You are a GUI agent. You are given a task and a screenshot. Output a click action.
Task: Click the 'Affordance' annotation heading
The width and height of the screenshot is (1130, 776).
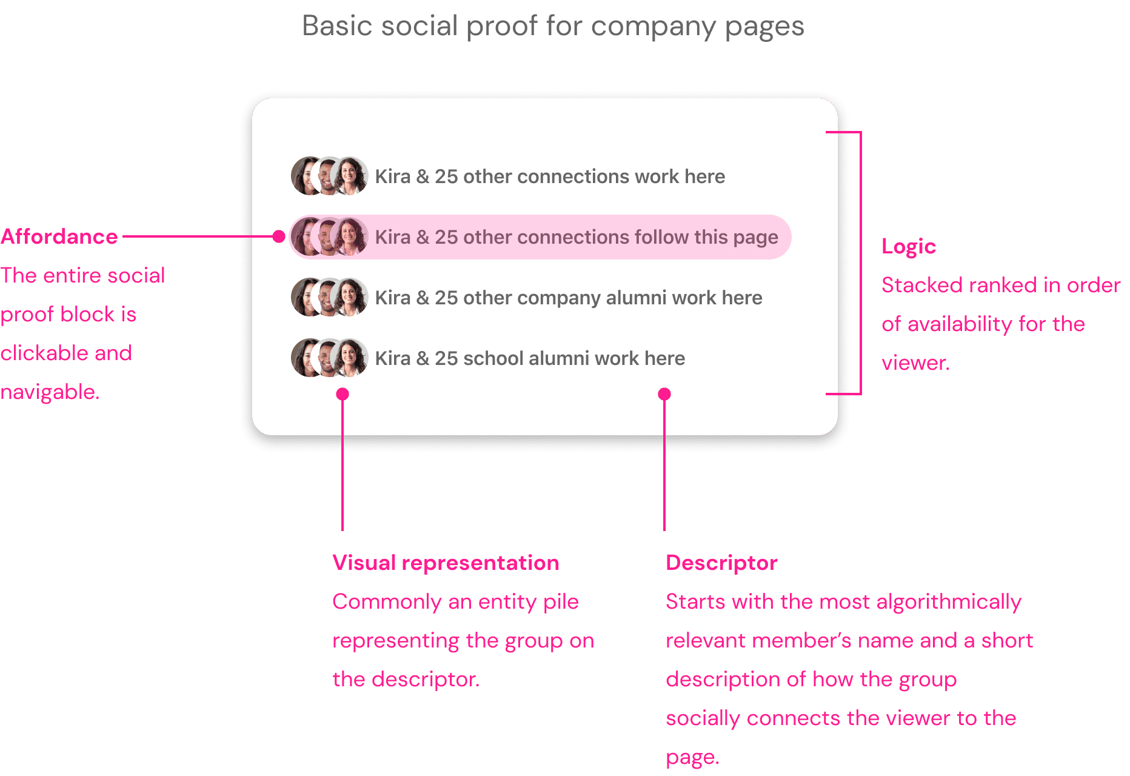click(x=59, y=236)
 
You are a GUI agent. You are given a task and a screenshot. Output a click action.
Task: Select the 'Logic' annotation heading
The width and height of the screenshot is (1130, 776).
click(x=908, y=246)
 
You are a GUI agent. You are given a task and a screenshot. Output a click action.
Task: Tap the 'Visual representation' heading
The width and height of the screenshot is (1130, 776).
click(x=446, y=563)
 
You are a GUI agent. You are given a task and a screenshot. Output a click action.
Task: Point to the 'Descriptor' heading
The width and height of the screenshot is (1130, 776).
click(x=721, y=563)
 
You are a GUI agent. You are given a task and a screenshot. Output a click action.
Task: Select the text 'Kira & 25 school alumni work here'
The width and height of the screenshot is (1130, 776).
click(x=529, y=358)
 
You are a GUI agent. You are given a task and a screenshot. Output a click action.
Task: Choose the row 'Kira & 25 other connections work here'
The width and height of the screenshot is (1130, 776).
click(x=549, y=176)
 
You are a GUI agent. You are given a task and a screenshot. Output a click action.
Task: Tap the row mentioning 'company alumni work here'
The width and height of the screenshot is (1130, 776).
click(x=568, y=298)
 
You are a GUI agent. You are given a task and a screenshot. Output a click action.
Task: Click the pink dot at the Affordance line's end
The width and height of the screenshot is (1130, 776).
click(x=279, y=236)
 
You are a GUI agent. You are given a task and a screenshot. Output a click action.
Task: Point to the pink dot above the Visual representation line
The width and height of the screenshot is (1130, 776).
click(x=343, y=394)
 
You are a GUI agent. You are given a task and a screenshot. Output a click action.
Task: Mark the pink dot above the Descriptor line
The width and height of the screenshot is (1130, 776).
click(x=664, y=394)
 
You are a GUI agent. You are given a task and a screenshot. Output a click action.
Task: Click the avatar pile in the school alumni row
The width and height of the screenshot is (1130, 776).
click(x=329, y=358)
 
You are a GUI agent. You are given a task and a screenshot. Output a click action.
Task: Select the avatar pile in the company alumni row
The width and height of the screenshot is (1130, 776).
click(x=329, y=297)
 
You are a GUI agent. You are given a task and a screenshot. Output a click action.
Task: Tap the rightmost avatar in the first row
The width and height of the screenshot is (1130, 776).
click(x=350, y=176)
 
